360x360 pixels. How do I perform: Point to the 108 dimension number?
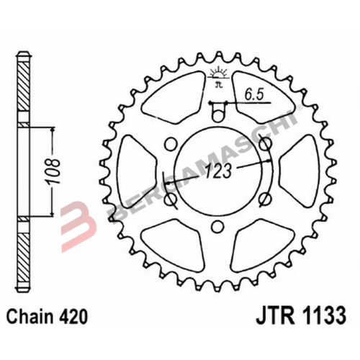coord(64,174)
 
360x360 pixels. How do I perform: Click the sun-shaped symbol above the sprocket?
coord(216,74)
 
